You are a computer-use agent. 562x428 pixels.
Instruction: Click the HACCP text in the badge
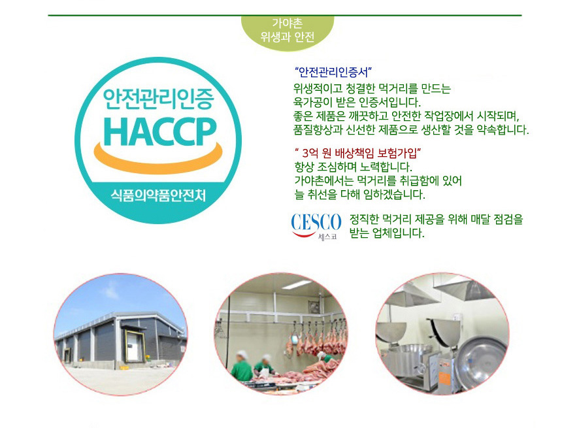(x=160, y=131)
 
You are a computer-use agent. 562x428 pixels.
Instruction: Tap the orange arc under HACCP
(x=158, y=162)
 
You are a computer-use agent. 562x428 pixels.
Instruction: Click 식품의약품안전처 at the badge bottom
(x=158, y=196)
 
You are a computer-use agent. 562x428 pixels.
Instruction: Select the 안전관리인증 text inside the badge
(x=158, y=99)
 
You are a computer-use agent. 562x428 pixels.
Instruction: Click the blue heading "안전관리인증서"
(x=333, y=72)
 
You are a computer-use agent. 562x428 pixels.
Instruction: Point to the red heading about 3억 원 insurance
(x=357, y=154)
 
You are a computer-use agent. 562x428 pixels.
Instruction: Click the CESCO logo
(x=316, y=226)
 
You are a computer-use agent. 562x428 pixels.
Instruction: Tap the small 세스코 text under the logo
(x=327, y=237)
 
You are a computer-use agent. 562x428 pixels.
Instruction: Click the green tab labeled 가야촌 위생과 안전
(x=288, y=31)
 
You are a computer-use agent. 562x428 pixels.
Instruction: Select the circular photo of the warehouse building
(x=120, y=335)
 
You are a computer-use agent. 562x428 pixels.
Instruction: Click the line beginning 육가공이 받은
(x=357, y=102)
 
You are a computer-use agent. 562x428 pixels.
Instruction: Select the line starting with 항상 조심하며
(x=354, y=167)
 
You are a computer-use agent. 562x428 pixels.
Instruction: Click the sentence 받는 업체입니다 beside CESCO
(x=387, y=233)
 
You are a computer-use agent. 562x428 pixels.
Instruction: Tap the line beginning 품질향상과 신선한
(x=411, y=129)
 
